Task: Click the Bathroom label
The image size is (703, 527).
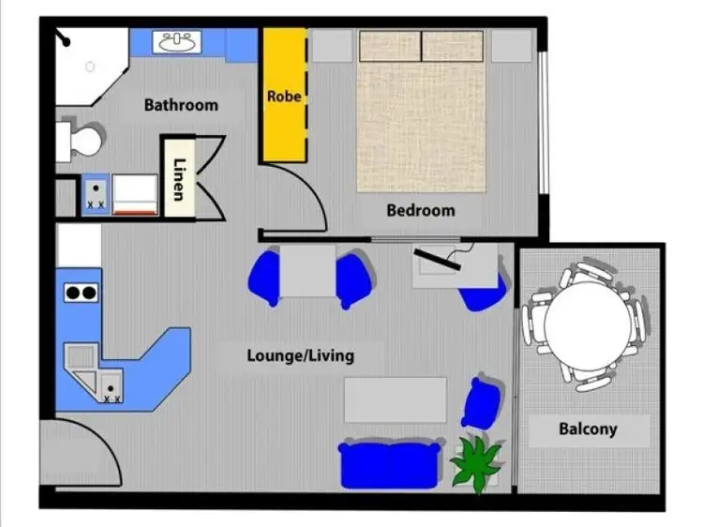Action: (x=181, y=105)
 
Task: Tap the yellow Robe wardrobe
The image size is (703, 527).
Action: (x=283, y=95)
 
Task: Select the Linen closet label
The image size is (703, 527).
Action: (x=178, y=177)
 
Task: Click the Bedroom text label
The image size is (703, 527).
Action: (x=420, y=211)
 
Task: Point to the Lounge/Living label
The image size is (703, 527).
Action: (x=301, y=355)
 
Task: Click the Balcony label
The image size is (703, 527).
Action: (x=588, y=429)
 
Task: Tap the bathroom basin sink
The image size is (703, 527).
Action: (x=177, y=42)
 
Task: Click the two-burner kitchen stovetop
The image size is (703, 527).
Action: (x=80, y=293)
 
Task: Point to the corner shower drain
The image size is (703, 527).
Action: (x=90, y=68)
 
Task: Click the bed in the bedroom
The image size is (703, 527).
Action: (x=421, y=117)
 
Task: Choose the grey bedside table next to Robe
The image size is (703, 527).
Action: (x=332, y=45)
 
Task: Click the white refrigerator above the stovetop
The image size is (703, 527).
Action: (x=79, y=246)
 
